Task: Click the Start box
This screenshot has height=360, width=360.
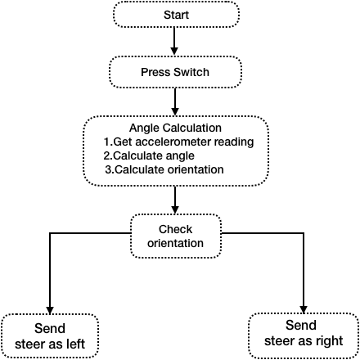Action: pos(176,15)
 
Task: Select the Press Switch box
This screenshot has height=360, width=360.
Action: pos(175,72)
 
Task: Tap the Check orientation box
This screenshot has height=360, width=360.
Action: pos(176,236)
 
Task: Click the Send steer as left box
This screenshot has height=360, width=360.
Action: pos(50,336)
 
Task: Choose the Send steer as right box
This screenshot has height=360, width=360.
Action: pos(304,335)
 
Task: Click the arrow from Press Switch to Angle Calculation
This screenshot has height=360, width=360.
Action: pos(175,102)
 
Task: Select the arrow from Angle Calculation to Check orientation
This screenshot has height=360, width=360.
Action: pos(175,200)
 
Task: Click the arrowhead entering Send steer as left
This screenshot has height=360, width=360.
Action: pos(50,310)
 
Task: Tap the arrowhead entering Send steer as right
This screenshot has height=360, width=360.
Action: pos(304,309)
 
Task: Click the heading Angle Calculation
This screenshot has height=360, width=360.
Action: pos(175,128)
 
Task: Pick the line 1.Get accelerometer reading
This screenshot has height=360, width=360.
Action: pos(178,142)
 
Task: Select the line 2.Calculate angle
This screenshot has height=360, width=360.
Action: pos(149,155)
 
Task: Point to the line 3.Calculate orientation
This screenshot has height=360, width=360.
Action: pos(164,169)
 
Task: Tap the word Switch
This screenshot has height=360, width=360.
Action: pos(191,72)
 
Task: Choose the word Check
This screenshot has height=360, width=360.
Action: pos(175,229)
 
